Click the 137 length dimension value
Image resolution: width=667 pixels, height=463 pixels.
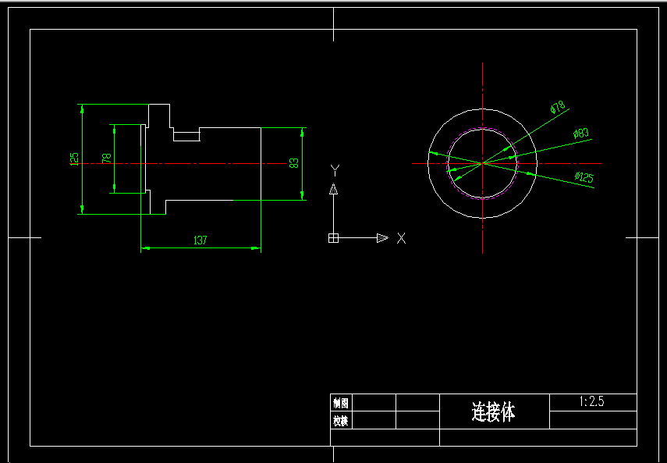(x=200, y=240)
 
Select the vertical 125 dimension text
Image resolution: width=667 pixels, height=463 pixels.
(x=74, y=158)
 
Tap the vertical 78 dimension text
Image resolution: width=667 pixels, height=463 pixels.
(x=107, y=158)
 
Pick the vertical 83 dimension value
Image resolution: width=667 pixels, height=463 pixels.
(x=294, y=163)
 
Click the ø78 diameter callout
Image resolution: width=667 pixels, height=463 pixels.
(x=557, y=108)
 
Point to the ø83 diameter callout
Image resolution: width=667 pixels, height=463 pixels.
(x=580, y=134)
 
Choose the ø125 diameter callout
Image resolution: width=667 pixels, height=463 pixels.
(x=584, y=177)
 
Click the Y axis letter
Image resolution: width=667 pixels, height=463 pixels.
(x=334, y=169)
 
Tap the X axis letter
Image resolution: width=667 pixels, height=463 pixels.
(x=401, y=238)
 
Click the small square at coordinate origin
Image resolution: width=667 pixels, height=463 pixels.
(x=333, y=238)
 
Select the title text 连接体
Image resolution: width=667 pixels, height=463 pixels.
(x=494, y=411)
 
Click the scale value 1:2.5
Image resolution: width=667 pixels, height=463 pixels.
(x=592, y=402)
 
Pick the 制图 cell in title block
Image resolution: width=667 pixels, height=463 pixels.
(x=341, y=403)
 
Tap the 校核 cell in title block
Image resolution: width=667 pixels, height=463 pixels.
(x=341, y=421)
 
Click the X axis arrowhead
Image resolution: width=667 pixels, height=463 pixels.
(x=382, y=238)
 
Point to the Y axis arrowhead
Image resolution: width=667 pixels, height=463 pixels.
(x=333, y=189)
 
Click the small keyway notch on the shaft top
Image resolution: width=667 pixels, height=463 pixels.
(x=186, y=136)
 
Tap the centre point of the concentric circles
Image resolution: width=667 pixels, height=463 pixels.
(x=484, y=163)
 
